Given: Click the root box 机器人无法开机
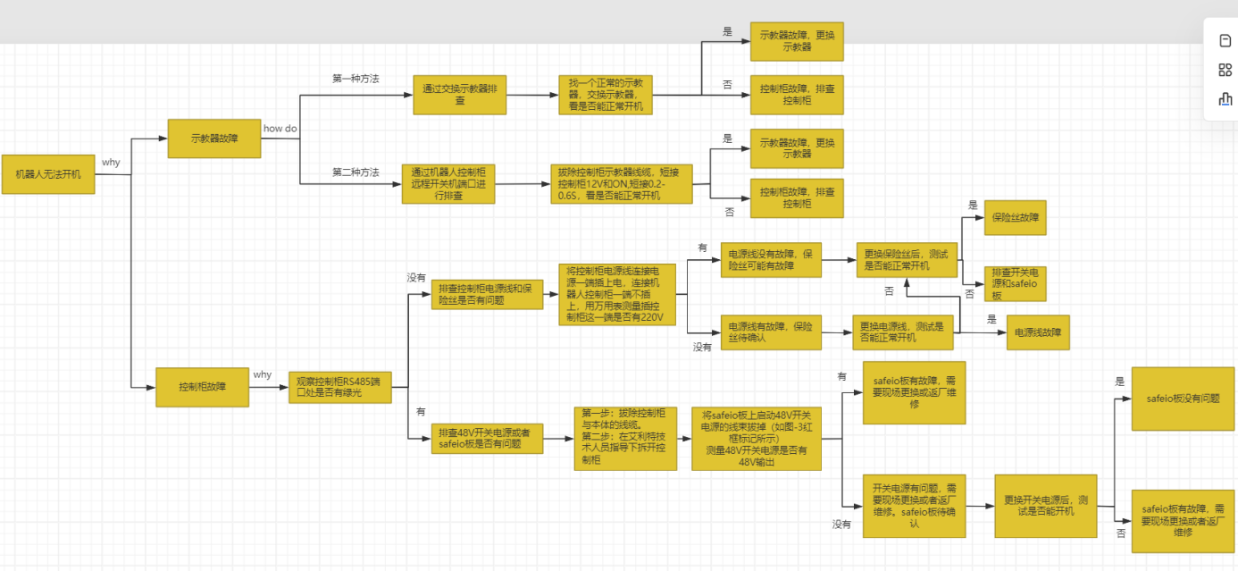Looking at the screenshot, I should point(48,174).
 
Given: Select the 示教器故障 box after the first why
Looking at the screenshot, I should point(214,139).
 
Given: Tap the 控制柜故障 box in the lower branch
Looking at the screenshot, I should point(202,387).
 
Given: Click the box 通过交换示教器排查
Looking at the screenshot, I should point(460,95).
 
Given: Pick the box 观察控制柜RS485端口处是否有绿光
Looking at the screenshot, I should point(339,387).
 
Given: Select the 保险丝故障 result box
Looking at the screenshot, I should point(1015,217).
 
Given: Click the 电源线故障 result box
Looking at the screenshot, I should point(1038,332).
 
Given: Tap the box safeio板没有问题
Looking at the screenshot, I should point(1176,399).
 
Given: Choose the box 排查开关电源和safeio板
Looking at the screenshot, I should point(1015,283).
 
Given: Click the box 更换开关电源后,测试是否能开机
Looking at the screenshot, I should point(1046,506).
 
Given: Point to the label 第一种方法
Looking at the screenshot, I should point(356,79).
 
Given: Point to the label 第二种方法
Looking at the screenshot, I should point(356,172).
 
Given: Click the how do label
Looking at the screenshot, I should point(280,129).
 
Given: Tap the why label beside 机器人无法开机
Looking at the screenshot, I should point(111,163).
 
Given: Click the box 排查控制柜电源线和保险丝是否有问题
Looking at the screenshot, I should point(487,294).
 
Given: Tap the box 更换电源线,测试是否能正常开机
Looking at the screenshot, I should point(902,332).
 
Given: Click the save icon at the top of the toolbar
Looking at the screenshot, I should point(1225,40).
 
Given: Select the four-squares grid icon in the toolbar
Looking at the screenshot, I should point(1225,70).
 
